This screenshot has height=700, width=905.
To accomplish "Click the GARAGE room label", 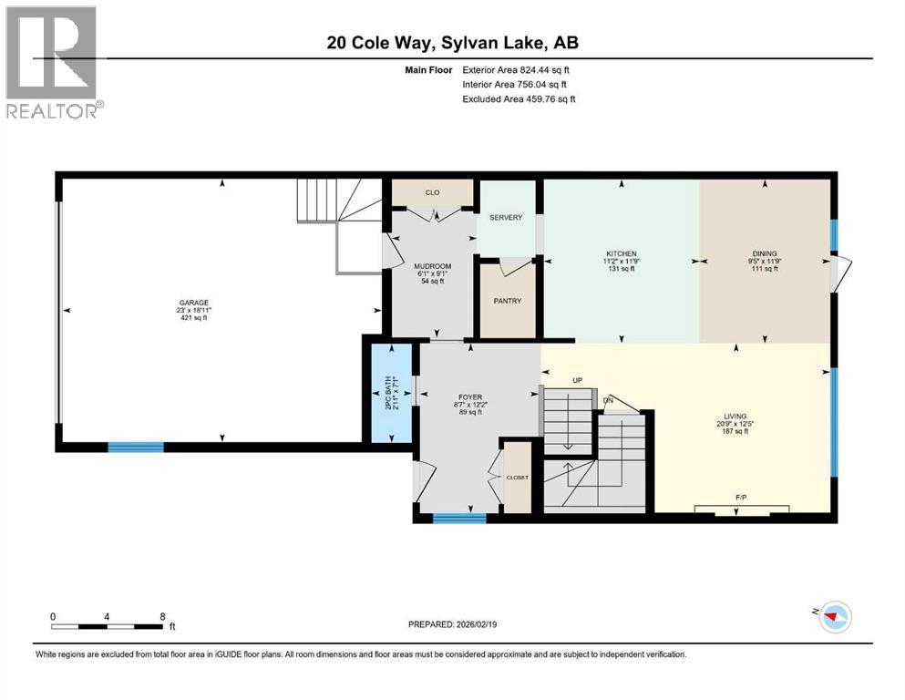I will (192, 303).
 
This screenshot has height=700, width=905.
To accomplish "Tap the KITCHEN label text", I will (622, 253).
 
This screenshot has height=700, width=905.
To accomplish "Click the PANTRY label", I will (507, 302).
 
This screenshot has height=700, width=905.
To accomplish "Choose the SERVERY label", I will (505, 217).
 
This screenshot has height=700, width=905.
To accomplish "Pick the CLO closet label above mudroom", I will (432, 192).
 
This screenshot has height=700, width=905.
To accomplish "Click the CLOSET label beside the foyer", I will (517, 477).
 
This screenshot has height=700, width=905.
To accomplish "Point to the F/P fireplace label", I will (741, 498).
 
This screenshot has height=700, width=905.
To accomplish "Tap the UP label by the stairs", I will (576, 379).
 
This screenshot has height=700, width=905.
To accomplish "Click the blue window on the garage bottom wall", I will (136, 447).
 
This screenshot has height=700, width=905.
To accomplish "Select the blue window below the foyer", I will (458, 519).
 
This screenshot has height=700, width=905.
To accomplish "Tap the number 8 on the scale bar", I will (162, 616).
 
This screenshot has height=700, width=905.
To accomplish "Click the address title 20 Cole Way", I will (452, 43).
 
